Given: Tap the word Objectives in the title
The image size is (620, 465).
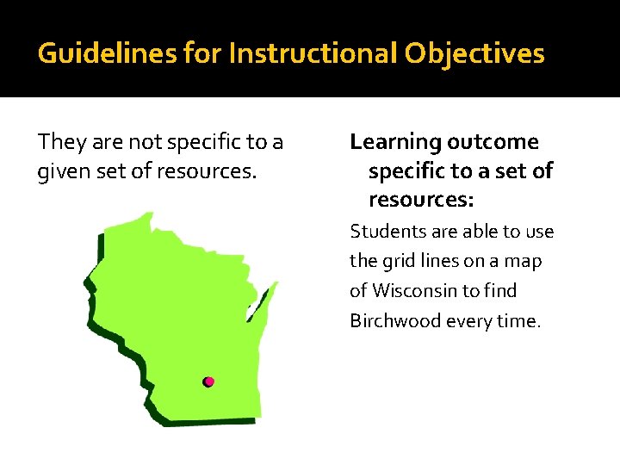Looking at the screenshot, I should pos(474,54).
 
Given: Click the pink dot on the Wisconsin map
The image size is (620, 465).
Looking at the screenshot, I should pos(208,381).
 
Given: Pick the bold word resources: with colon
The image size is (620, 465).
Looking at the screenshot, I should pos(422,201).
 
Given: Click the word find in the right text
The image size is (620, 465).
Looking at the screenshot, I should pos(500,291).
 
